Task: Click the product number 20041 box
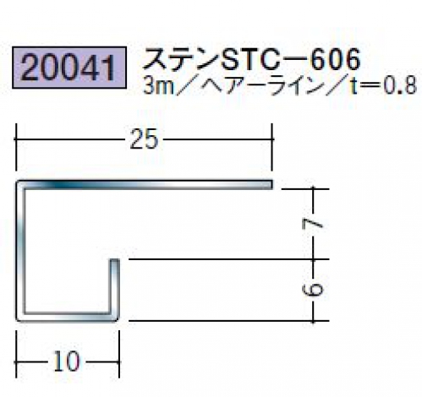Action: (69, 68)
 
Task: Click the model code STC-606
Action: (291, 59)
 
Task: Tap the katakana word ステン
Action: (182, 59)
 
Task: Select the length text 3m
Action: (158, 85)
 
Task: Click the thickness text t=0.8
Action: (383, 85)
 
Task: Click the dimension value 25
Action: (144, 139)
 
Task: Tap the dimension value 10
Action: (67, 362)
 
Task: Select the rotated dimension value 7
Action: (312, 224)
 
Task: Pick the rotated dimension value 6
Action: (312, 290)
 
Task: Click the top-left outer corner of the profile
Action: (16, 181)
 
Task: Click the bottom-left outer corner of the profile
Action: (16, 320)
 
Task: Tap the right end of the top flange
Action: (272, 184)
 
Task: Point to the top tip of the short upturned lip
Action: (114, 259)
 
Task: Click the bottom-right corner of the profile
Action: (118, 320)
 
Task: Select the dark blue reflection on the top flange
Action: (65, 185)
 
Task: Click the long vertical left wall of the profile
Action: (20, 251)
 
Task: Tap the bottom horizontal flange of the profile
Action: (67, 317)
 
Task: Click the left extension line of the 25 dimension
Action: (16, 147)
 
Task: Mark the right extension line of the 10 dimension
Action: (119, 354)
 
